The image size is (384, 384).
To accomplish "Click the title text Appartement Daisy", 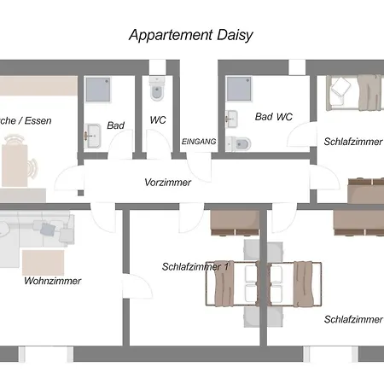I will click(x=191, y=36).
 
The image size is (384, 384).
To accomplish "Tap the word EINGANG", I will click(x=199, y=141).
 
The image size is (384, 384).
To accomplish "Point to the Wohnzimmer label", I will click(x=53, y=281).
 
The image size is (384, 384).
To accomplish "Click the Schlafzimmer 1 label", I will click(x=196, y=266).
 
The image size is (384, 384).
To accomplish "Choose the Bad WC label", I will click(x=273, y=117).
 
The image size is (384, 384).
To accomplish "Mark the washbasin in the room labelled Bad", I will click(x=93, y=134).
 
